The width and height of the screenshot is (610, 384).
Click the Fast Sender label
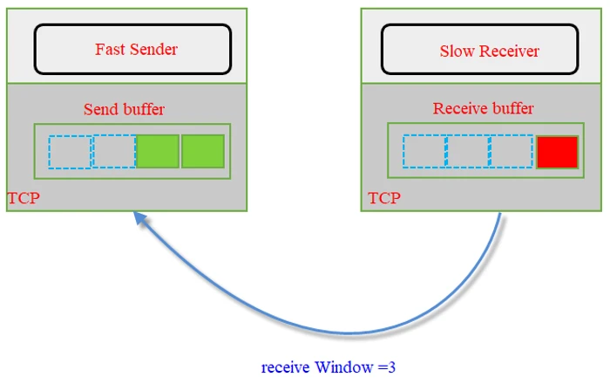[x=136, y=49]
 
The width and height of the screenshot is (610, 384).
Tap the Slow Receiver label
[x=489, y=51]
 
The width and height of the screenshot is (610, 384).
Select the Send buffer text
[x=124, y=109]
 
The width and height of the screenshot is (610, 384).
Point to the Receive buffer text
[x=483, y=109]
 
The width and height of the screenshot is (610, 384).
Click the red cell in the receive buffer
[x=558, y=152]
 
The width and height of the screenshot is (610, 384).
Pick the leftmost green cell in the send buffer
[x=158, y=151]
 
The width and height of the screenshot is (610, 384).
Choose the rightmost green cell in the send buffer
[x=203, y=151]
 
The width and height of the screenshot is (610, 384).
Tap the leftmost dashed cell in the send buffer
[x=70, y=151]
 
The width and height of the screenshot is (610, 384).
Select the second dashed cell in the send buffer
[x=114, y=151]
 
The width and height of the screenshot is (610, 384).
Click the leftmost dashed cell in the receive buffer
[x=424, y=152]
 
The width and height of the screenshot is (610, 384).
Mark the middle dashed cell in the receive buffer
[x=468, y=152]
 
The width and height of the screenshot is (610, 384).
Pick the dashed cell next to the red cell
[x=512, y=152]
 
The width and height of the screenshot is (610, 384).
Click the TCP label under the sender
[x=24, y=199]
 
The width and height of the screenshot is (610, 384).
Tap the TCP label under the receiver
[x=384, y=198]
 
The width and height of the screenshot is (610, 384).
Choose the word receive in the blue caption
[x=285, y=367]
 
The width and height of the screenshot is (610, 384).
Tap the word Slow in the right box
[x=457, y=51]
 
